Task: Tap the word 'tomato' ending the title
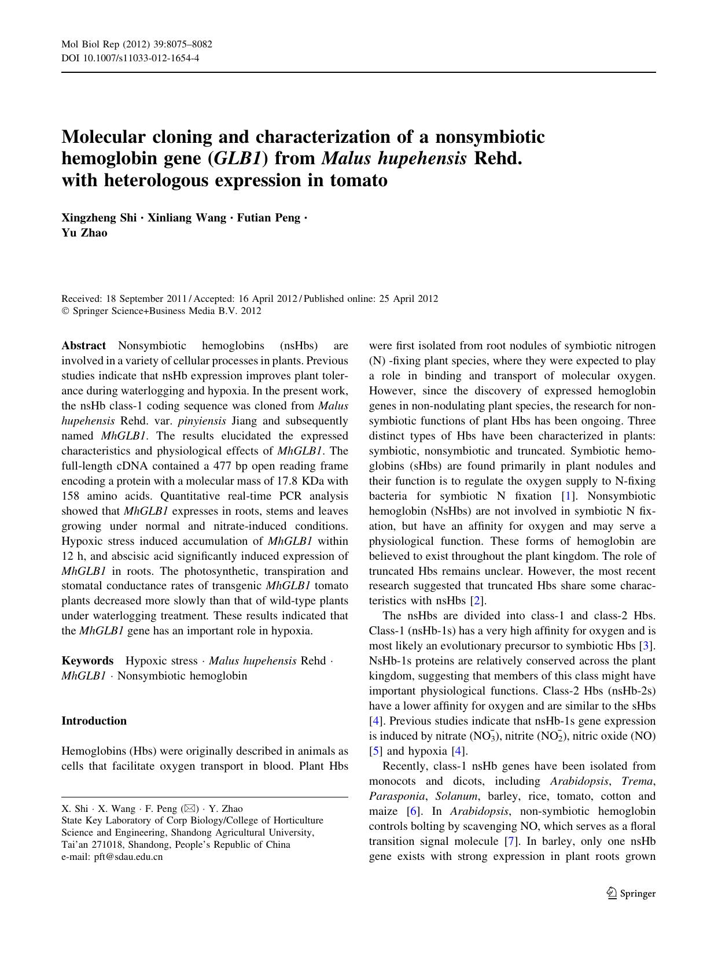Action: tap(359, 180)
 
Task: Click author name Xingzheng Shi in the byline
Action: tap(99, 218)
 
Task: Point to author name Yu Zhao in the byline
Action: tap(84, 233)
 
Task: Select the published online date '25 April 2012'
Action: tap(408, 299)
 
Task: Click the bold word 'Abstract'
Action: tap(83, 346)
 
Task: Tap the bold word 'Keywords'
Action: tap(87, 660)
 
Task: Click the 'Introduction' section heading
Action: tap(94, 721)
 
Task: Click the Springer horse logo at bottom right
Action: tap(612, 893)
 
